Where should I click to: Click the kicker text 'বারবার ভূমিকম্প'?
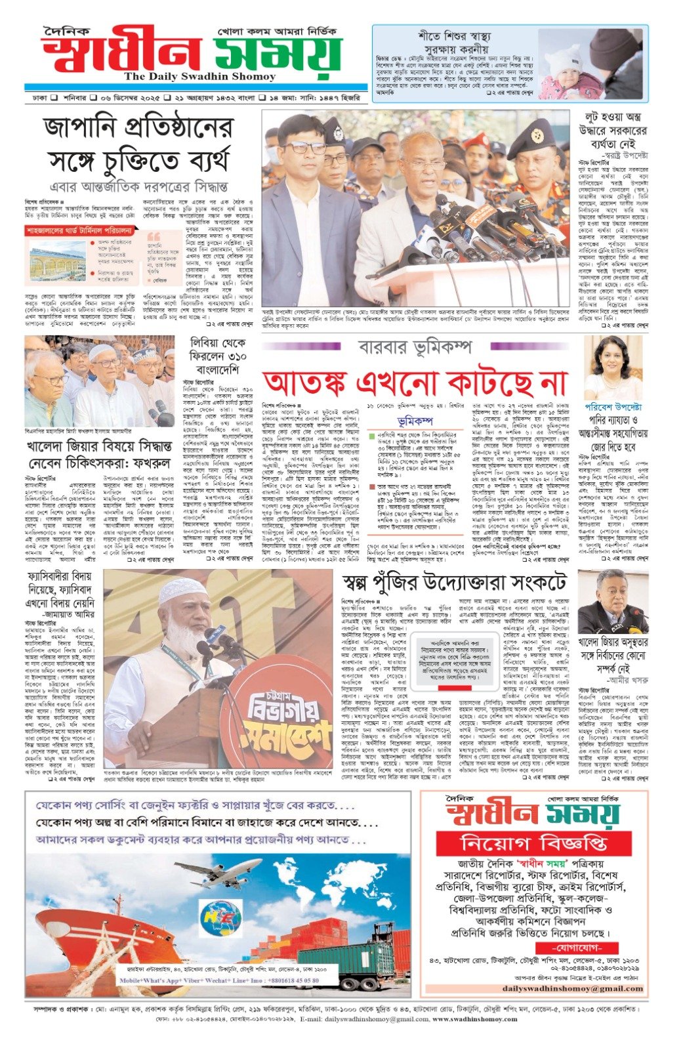[415, 347]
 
